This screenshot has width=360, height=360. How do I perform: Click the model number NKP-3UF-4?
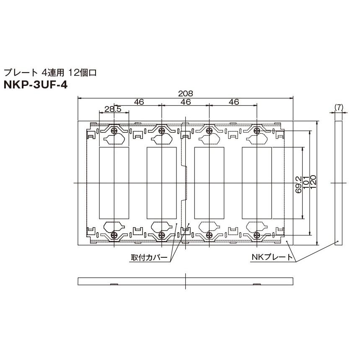coord(35,84)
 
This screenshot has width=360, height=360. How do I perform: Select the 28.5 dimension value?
coord(113,109)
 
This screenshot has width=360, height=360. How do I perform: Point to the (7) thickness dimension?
coord(339,108)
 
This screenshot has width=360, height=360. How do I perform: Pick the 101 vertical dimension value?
coord(306,183)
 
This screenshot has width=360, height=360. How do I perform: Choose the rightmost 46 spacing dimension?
coord(234,101)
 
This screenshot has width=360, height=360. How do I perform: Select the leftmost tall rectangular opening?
coord(114,183)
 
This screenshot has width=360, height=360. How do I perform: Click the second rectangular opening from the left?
coord(161,183)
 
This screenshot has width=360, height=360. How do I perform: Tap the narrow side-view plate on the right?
coord(339,183)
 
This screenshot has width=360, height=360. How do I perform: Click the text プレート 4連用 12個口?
coord(50,73)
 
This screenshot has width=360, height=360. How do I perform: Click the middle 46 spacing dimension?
coord(186,101)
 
